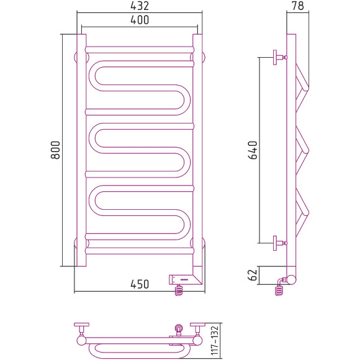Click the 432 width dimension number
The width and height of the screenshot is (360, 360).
(140, 6)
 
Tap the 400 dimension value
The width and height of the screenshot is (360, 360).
(140, 20)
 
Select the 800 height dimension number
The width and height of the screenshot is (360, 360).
(55, 150)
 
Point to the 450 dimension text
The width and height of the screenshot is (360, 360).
(140, 284)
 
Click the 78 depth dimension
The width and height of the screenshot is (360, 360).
(298, 6)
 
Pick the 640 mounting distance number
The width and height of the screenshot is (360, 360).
(253, 150)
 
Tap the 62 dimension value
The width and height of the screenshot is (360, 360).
(253, 275)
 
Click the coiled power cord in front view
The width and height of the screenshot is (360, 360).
(179, 290)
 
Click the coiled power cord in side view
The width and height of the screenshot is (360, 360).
(279, 290)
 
